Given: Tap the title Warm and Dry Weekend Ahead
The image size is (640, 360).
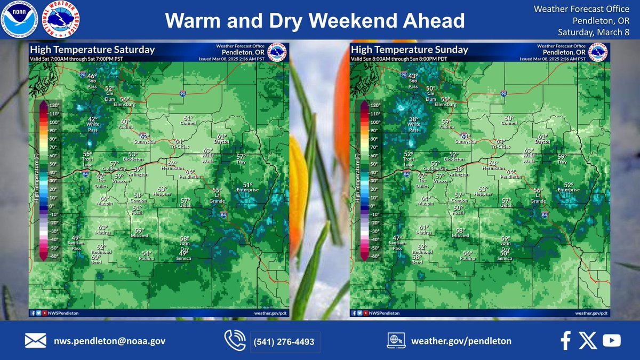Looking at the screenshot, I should pos(315,21).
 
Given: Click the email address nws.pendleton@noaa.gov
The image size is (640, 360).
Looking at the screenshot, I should pos(110,341).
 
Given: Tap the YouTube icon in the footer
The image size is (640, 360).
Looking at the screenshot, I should pos(611,340).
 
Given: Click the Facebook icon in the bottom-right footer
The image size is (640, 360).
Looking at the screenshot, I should pos(566,340).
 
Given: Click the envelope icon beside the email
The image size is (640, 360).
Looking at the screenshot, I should pos(35,341).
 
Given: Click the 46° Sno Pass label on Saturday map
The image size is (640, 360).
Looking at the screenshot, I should pos(92,79).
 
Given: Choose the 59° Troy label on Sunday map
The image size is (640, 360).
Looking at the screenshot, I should pos(562,159).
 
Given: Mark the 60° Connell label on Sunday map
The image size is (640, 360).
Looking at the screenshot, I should pos(509,121).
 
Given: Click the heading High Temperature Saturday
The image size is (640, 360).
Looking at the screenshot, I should pos(92,50).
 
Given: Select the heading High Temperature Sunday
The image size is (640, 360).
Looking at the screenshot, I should pos(409,50).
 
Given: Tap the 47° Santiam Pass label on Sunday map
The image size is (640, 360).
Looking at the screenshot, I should pos(397,243).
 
